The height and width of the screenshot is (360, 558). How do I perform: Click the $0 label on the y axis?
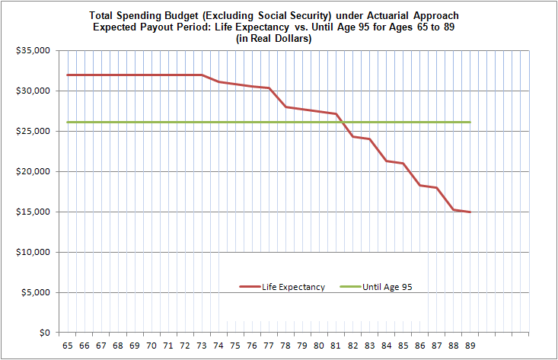[45, 333]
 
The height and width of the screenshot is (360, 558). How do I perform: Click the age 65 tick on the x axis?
[68, 346]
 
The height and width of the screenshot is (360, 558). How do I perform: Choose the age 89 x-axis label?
[470, 346]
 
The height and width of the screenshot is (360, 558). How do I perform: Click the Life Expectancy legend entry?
[293, 287]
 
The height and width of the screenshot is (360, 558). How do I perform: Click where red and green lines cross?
[344, 122]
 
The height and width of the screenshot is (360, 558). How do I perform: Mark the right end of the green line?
[470, 122]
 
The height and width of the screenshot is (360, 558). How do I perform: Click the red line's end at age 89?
[470, 212]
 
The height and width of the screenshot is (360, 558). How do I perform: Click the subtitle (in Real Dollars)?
[278, 38]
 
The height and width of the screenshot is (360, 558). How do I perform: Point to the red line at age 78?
[285, 107]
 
